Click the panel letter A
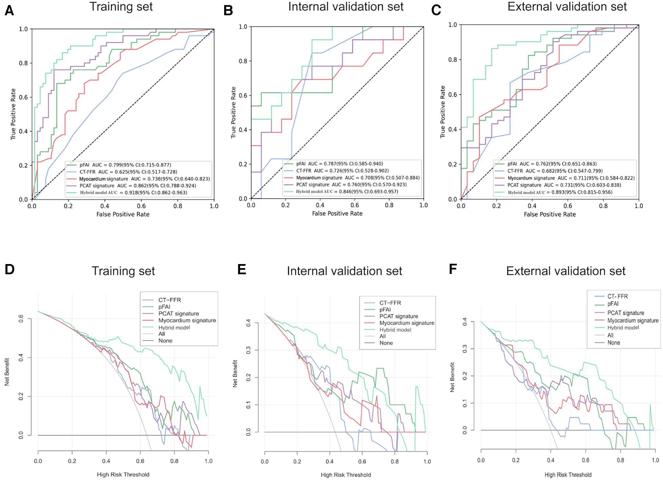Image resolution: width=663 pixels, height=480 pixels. (x=9, y=11)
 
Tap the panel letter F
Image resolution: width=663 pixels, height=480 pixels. (x=453, y=269)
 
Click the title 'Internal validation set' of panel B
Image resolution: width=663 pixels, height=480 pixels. (x=346, y=7)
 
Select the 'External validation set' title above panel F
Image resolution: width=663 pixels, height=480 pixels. (x=566, y=271)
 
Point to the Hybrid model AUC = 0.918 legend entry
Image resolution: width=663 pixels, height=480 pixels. (x=134, y=193)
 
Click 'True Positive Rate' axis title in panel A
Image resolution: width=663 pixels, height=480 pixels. (x=13, y=114)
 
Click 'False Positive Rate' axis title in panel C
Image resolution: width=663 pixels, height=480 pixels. (x=550, y=214)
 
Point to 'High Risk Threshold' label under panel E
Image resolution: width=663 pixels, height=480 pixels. (x=346, y=475)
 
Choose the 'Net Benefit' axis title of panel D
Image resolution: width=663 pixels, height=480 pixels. (x=7, y=372)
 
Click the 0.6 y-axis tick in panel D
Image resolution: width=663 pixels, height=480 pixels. (x=21, y=319)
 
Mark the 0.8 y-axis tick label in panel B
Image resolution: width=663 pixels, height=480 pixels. (x=243, y=61)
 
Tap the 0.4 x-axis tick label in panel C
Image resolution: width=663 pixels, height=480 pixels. (x=532, y=206)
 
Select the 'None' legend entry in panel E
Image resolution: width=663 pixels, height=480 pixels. (x=386, y=343)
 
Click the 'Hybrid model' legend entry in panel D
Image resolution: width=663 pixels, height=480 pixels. (x=174, y=327)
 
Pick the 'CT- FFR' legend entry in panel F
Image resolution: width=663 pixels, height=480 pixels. (x=618, y=296)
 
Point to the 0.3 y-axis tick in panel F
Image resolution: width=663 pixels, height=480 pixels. (x=465, y=348)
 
